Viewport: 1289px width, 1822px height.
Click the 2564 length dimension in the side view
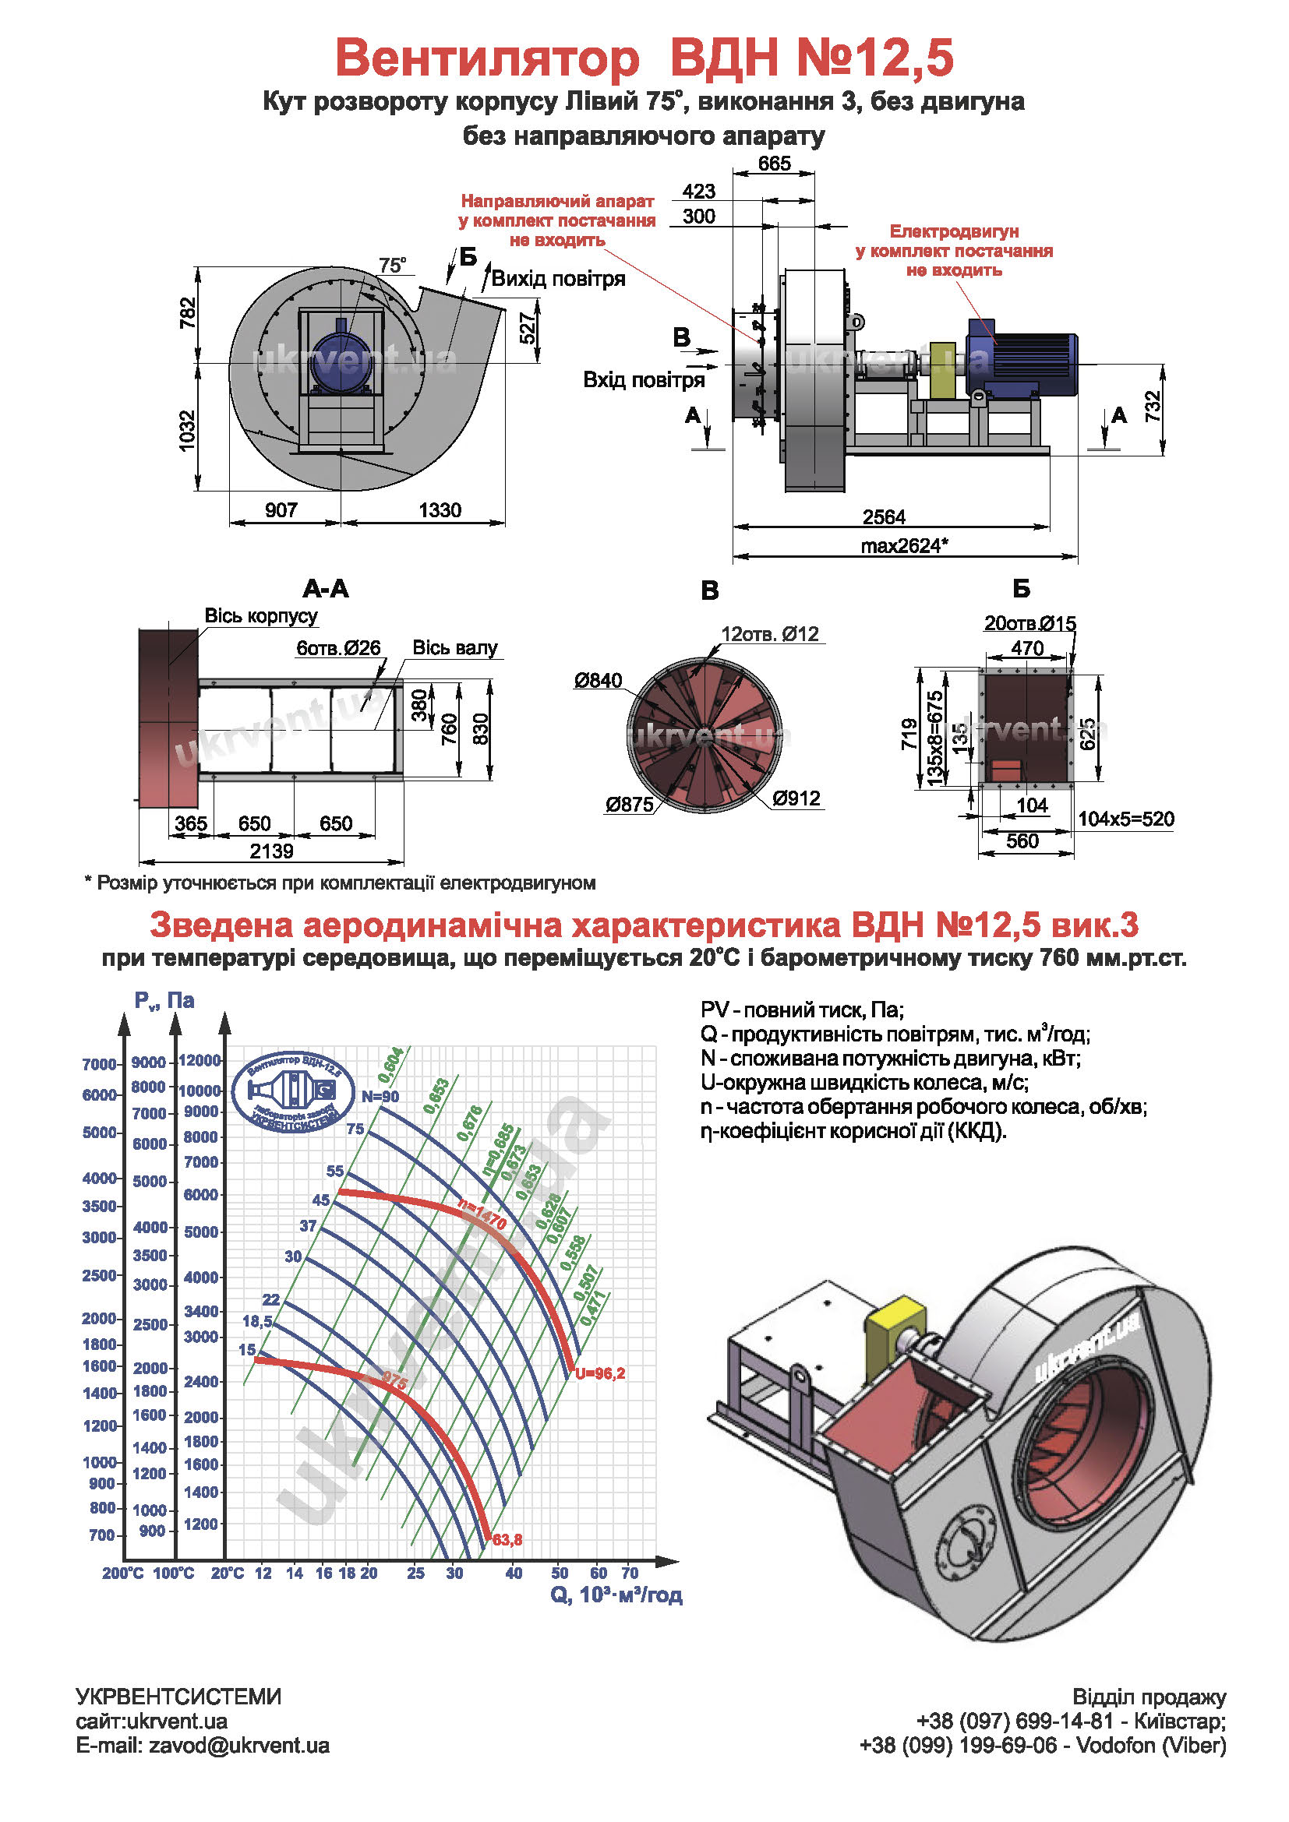(884, 516)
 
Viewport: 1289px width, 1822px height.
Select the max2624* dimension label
(904, 545)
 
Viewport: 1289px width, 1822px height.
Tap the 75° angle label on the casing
(392, 265)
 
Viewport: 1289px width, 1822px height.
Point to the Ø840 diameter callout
(599, 680)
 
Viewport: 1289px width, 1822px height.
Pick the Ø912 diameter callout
(796, 798)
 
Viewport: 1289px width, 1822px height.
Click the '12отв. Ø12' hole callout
(769, 634)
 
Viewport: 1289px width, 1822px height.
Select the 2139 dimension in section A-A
(271, 851)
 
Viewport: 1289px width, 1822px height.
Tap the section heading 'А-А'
(326, 588)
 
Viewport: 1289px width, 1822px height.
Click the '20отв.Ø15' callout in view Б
(1029, 623)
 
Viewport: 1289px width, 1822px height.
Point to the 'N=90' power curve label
(380, 1097)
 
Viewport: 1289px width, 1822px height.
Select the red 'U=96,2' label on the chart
(600, 1373)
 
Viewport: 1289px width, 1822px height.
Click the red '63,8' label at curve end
(507, 1539)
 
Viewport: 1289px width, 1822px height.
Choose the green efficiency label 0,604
(390, 1065)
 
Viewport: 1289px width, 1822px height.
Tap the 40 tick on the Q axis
(514, 1573)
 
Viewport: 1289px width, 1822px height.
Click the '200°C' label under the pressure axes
(122, 1573)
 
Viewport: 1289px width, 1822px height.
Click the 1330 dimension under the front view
(440, 509)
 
